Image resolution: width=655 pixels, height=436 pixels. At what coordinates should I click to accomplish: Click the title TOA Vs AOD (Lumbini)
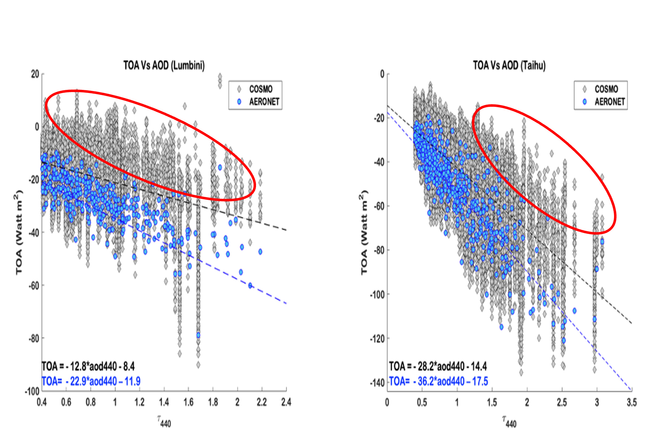click(164, 66)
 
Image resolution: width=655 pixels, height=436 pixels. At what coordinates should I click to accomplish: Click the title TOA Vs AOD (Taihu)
click(509, 66)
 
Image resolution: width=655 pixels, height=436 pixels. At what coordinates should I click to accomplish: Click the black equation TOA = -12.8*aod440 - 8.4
click(88, 366)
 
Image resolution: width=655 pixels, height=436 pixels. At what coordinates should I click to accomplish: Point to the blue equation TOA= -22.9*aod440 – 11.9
click(91, 381)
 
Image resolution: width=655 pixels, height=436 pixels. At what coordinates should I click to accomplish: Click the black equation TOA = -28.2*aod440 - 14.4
click(438, 366)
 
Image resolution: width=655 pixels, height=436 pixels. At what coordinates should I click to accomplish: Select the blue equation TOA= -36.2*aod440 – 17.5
click(438, 381)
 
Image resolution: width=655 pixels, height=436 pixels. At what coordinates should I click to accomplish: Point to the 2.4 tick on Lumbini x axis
click(286, 402)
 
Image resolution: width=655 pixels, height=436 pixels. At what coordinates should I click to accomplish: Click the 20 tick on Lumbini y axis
click(35, 74)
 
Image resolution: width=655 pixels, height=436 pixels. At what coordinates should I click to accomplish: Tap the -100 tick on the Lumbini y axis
click(32, 392)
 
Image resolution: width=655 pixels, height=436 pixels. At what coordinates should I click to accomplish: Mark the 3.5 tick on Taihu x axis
click(632, 402)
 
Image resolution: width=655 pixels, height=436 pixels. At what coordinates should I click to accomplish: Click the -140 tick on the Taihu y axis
click(377, 383)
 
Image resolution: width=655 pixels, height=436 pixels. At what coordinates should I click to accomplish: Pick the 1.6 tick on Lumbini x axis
click(188, 402)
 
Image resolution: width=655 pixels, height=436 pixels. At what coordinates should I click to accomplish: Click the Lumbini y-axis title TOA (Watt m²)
click(19, 232)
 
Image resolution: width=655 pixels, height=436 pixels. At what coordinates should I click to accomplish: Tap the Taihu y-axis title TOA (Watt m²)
click(364, 232)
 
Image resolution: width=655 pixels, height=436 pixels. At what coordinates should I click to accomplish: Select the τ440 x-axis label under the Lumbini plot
click(164, 421)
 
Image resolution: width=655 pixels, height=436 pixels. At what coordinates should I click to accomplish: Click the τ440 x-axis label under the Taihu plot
click(509, 421)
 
